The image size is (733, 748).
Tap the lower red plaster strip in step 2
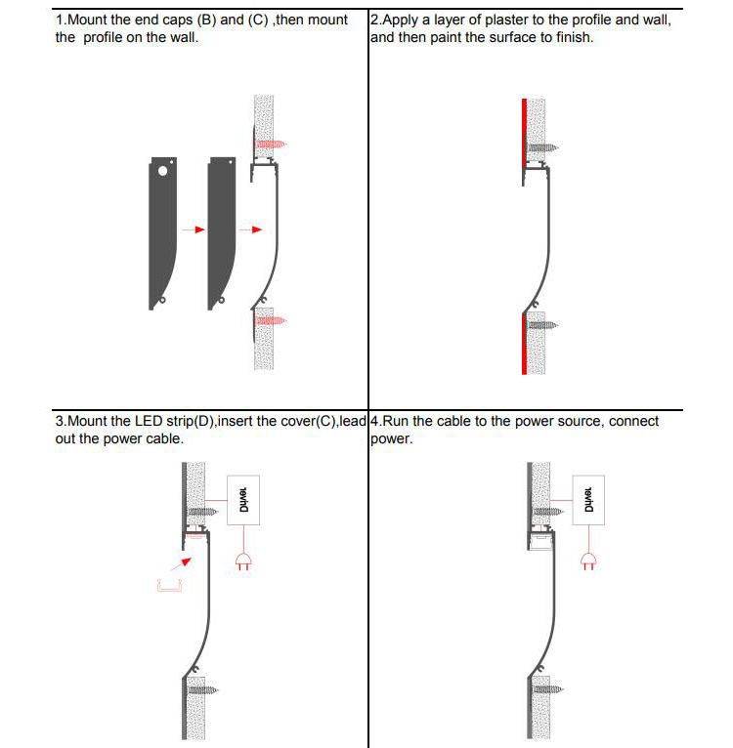525,342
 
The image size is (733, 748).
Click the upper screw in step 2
541,149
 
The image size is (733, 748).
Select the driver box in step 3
243,500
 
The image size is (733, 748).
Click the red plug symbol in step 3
243,561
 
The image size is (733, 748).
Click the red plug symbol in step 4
588,561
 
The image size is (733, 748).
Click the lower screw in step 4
549,688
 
